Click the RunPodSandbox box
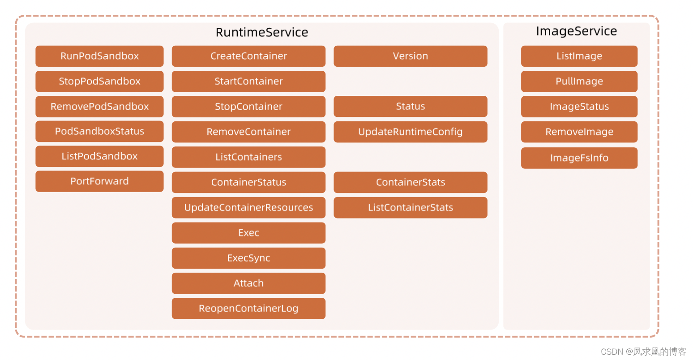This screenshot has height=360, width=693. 99,56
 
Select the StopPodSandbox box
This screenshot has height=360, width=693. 99,81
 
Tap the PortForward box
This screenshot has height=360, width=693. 99,181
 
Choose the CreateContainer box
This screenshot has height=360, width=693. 248,56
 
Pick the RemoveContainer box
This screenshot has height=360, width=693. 248,132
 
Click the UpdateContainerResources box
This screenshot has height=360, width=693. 248,207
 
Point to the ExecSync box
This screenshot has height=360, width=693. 248,258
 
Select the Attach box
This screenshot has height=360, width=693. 248,283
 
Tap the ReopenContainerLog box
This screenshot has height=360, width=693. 248,308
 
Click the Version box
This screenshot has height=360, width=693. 410,56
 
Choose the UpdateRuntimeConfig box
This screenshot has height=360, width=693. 410,132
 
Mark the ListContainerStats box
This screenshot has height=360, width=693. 410,207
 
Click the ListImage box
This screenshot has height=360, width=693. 579,56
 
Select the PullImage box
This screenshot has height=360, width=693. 579,81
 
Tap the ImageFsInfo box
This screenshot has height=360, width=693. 579,158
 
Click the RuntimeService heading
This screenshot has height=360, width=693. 262,32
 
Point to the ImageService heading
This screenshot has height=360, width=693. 576,31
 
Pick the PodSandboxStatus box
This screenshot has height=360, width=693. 99,131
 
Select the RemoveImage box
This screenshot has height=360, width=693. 579,132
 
